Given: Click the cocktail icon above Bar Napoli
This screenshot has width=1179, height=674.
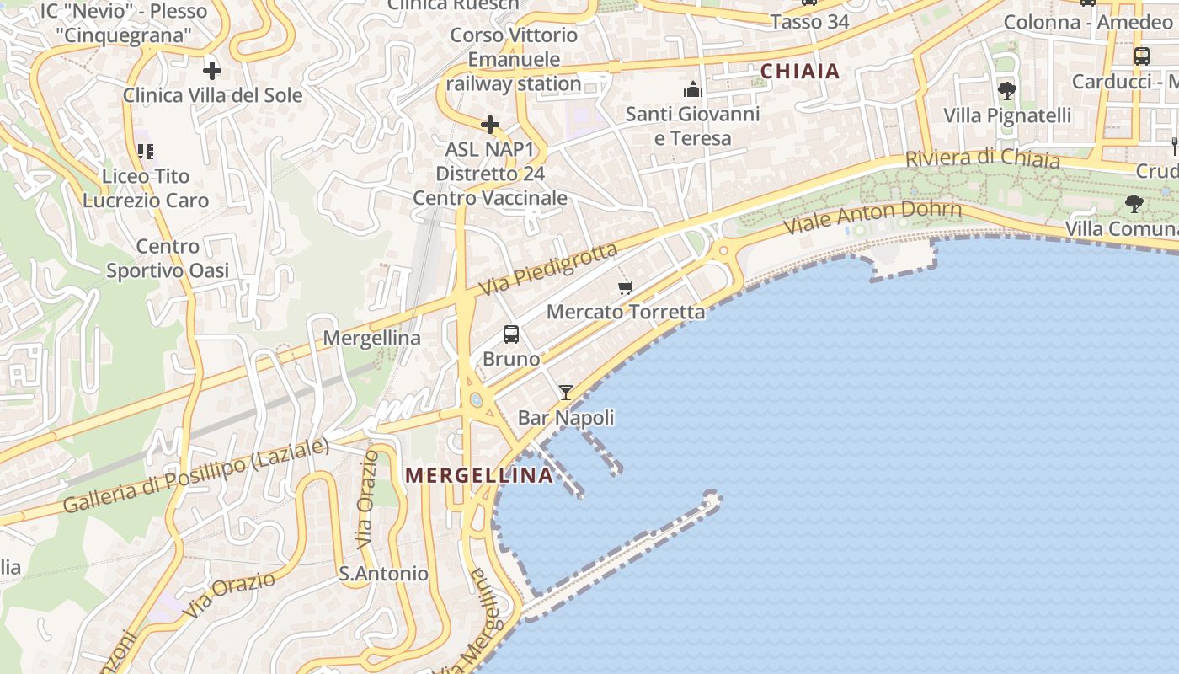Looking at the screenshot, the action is (566, 393).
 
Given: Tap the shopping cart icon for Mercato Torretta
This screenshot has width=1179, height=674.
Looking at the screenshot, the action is (625, 288).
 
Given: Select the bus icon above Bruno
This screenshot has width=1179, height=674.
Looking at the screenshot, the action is (511, 334).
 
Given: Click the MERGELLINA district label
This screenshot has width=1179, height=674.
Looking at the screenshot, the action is (479, 475).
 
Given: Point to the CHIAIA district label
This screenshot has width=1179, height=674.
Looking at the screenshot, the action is (800, 72).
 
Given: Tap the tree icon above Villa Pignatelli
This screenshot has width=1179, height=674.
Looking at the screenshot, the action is (1006, 91).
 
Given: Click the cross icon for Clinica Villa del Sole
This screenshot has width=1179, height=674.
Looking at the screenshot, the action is (211, 70).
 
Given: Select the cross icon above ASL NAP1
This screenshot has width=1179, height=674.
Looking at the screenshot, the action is (489, 126).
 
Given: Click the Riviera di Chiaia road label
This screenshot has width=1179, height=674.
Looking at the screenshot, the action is (982, 158).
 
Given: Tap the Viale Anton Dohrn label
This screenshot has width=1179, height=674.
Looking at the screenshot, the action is (872, 217).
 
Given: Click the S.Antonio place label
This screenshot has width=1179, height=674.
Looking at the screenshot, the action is (383, 574).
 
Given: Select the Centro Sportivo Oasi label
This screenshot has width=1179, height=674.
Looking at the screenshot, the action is (168, 259).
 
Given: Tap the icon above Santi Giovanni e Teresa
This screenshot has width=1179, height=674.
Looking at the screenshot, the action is (693, 89).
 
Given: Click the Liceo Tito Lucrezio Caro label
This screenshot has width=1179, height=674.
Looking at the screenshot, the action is (146, 188).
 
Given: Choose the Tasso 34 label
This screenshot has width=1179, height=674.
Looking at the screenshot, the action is (809, 22).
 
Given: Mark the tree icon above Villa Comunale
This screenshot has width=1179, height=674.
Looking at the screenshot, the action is (1134, 203).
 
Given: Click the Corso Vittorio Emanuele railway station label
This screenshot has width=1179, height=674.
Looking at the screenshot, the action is (514, 60).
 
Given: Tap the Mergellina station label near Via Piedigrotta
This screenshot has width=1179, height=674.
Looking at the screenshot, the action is (372, 338).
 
